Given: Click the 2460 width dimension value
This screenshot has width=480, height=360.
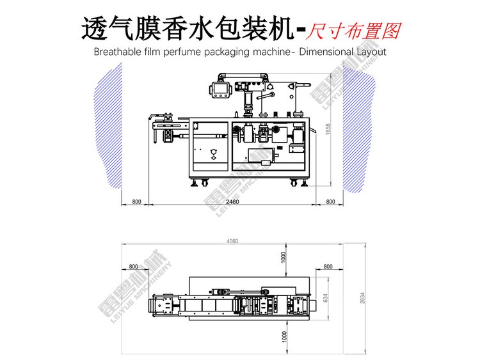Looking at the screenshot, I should coord(232,201).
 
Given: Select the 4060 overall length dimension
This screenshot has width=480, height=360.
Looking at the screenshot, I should coord(232,241).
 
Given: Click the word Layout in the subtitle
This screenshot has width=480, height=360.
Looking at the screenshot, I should coord(371,51).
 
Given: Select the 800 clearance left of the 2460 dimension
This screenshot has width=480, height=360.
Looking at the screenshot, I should coord(136,201).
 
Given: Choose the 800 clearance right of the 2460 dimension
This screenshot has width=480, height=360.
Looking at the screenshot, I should coord(330,201).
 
